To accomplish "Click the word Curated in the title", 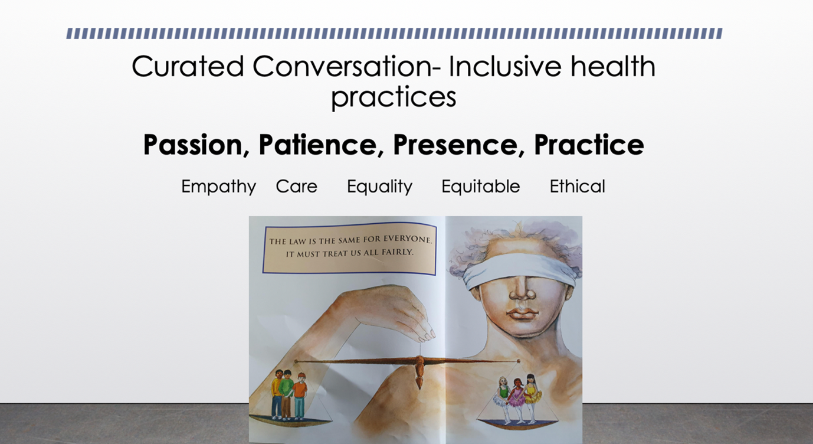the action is [x=188, y=66].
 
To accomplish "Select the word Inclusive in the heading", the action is [x=506, y=66].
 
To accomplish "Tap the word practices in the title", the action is [x=394, y=97].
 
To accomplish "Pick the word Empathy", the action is [x=218, y=187].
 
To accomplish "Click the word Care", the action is [x=297, y=187].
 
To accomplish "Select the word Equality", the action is [x=379, y=187].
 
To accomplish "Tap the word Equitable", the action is [x=480, y=187].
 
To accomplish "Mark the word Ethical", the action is [x=577, y=187].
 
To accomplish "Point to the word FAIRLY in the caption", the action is [x=398, y=252].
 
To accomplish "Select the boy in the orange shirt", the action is [x=300, y=397].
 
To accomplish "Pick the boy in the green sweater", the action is [x=286, y=395].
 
